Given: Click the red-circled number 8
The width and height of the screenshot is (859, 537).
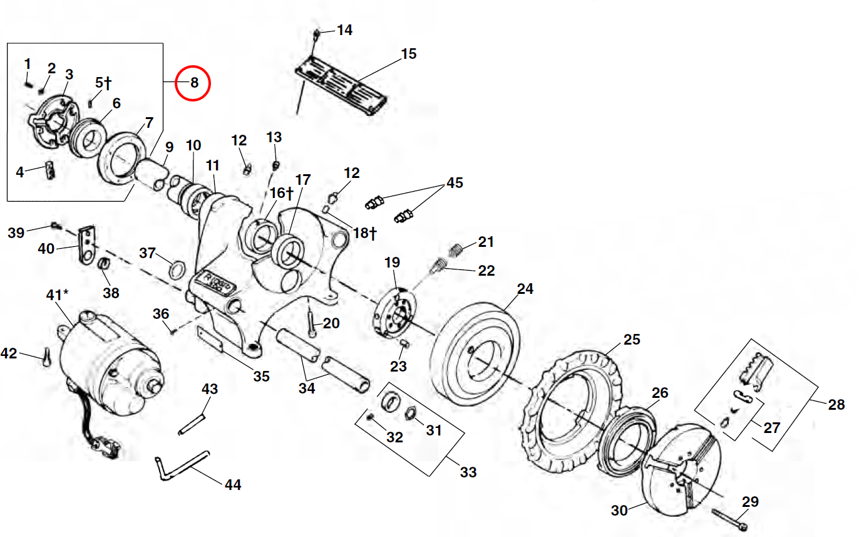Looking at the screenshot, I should (x=193, y=83).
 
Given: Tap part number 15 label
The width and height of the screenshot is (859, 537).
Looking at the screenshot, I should (x=408, y=54).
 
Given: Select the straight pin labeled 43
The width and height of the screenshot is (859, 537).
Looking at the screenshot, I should (x=192, y=422).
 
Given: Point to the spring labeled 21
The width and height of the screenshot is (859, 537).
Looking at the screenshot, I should (x=456, y=249).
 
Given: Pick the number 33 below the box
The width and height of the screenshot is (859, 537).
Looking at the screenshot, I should (x=468, y=472).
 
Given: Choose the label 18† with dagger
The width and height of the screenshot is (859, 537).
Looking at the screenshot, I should (x=364, y=233).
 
